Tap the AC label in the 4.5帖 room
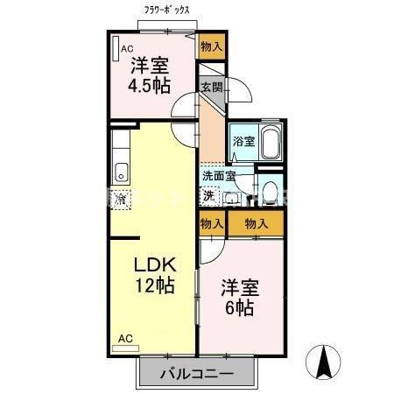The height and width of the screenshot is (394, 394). click(x=126, y=49)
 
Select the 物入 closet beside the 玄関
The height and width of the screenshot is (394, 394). click(x=211, y=46)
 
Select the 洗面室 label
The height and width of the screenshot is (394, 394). click(x=218, y=176)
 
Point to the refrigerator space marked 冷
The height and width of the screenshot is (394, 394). click(x=122, y=199)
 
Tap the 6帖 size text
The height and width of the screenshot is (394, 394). click(x=238, y=308)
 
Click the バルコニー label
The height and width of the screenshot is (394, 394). click(x=196, y=375)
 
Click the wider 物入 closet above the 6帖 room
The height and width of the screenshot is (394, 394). click(x=256, y=224)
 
